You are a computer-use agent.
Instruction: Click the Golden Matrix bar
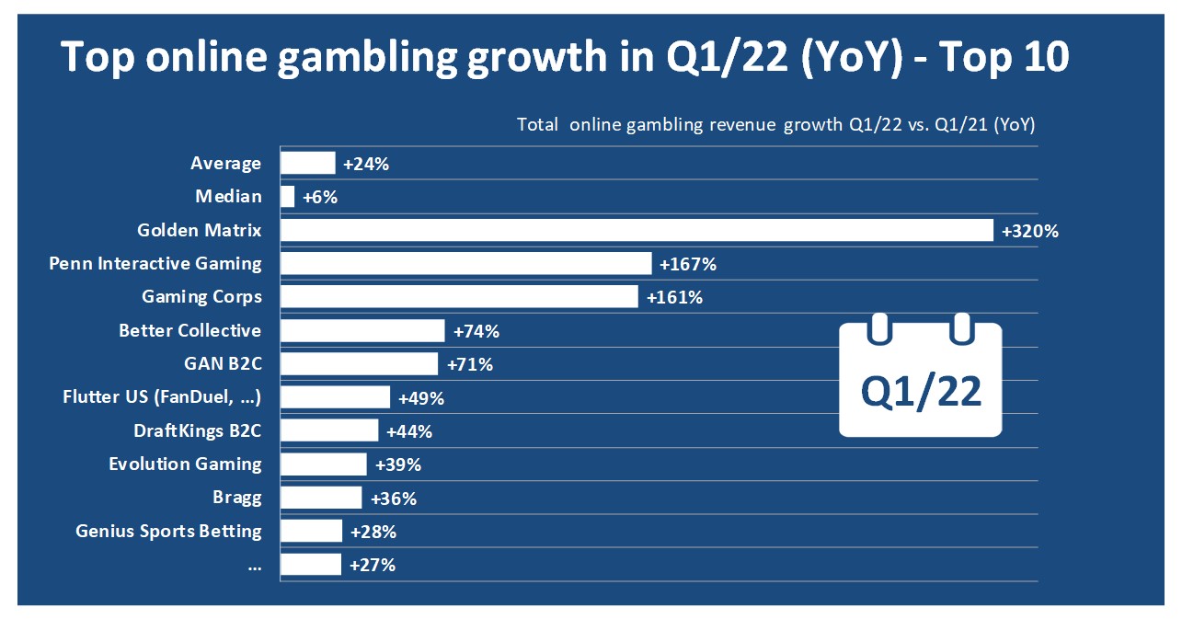pyautogui.click(x=637, y=230)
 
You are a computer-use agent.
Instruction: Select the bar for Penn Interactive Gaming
pyautogui.click(x=465, y=264)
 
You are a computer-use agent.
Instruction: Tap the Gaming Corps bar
pyautogui.click(x=459, y=297)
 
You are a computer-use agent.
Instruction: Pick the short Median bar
pyautogui.click(x=288, y=197)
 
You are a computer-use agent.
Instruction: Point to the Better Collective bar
pyautogui.click(x=362, y=331)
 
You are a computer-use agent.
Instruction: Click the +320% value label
pyautogui.click(x=1030, y=231)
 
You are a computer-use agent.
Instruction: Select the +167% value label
pyautogui.click(x=687, y=264)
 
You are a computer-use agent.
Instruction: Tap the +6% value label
pyautogui.click(x=319, y=197)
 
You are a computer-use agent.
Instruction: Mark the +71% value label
pyautogui.click(x=469, y=364)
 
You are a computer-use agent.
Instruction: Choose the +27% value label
pyautogui.click(x=372, y=565)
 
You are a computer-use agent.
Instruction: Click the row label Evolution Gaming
pyautogui.click(x=185, y=464)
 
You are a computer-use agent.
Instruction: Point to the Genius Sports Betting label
pyautogui.click(x=168, y=531)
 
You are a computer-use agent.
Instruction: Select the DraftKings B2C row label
pyautogui.click(x=198, y=430)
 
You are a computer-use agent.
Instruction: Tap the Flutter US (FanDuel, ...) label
pyautogui.click(x=162, y=397)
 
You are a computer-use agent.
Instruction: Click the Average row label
pyautogui.click(x=225, y=164)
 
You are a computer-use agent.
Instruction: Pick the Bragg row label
pyautogui.click(x=236, y=498)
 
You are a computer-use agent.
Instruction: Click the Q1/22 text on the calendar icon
pyautogui.click(x=921, y=392)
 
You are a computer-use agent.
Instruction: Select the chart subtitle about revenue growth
pyautogui.click(x=775, y=125)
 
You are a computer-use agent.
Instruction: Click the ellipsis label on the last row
pyautogui.click(x=254, y=565)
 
